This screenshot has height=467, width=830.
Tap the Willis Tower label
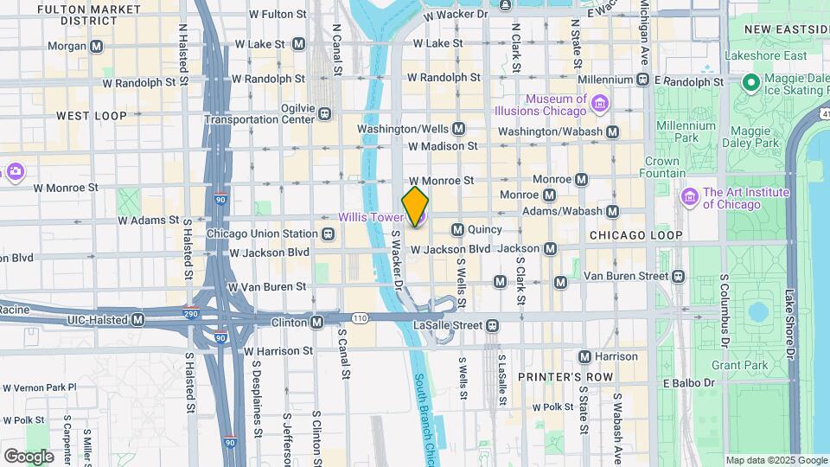370,217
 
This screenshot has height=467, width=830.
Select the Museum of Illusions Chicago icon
600,105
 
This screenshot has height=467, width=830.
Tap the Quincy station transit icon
457,230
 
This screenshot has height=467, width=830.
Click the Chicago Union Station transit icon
328,233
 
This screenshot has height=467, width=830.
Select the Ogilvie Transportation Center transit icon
324,113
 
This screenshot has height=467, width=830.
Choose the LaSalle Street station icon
492,325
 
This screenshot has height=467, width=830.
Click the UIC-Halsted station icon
137,320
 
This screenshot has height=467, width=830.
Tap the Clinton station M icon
317,322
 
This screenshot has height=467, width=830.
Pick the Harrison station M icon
584,356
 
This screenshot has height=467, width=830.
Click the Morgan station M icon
96,45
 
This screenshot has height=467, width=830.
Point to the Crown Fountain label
661,167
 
